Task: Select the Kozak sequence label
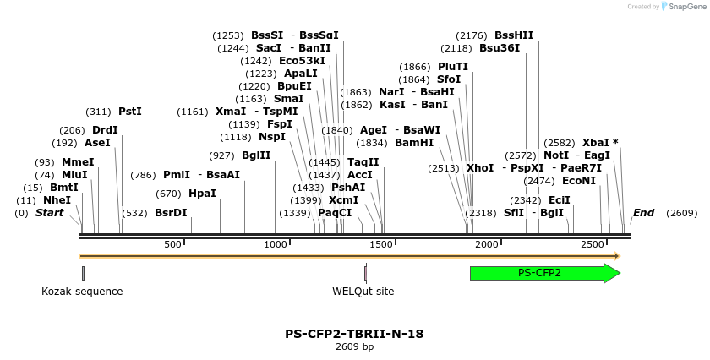click(x=82, y=292)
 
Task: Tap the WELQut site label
click(x=363, y=292)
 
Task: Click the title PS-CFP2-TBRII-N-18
click(x=354, y=334)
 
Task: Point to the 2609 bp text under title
click(x=354, y=346)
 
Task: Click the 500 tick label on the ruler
click(x=173, y=244)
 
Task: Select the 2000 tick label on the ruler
click(x=487, y=244)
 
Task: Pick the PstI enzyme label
click(x=130, y=112)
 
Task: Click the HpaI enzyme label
click(x=202, y=194)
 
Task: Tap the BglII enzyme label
click(x=256, y=155)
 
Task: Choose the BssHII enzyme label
click(x=514, y=35)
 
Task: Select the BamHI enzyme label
click(x=414, y=143)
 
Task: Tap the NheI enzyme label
click(x=57, y=200)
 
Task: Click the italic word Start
click(x=49, y=213)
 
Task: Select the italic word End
click(x=643, y=213)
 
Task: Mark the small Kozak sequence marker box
click(x=83, y=273)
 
